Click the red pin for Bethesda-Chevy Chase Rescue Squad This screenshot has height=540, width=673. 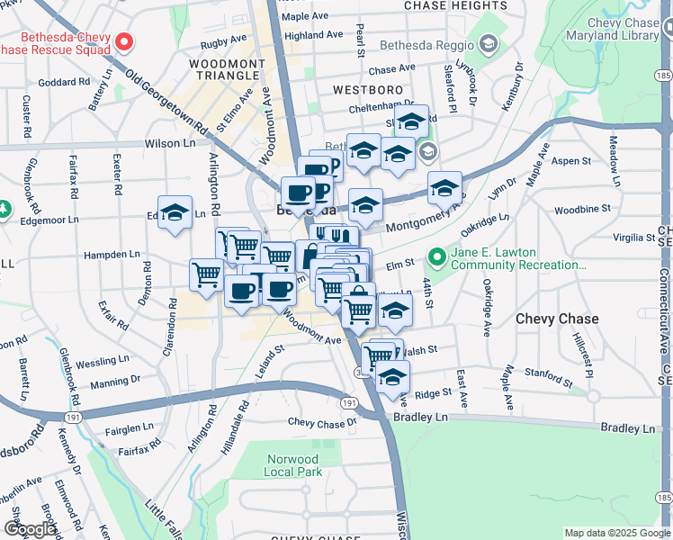pyautogui.click(x=125, y=41)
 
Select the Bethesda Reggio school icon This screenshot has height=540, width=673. pyautogui.click(x=489, y=44)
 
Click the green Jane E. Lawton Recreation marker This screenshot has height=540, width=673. pyautogui.click(x=437, y=258)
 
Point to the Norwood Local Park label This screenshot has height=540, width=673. pyautogui.click(x=293, y=464)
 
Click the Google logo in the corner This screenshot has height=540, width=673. pyautogui.click(x=30, y=529)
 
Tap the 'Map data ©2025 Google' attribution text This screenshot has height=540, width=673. pyautogui.click(x=617, y=533)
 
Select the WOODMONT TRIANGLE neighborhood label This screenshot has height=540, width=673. pyautogui.click(x=227, y=69)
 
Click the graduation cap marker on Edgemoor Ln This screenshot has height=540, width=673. pyautogui.click(x=175, y=214)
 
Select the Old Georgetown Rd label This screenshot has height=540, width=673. pyautogui.click(x=166, y=103)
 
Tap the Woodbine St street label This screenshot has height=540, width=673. pyautogui.click(x=582, y=208)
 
